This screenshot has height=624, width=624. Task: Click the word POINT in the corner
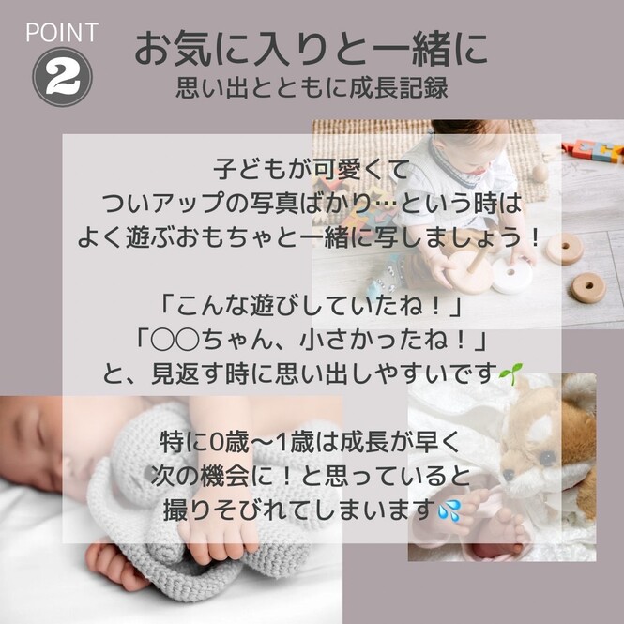point(62,32)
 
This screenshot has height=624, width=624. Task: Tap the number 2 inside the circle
point(62,77)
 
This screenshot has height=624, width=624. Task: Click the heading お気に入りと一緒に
point(312,50)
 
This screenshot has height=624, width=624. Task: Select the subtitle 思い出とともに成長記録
point(312,88)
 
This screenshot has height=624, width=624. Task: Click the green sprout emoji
point(510,373)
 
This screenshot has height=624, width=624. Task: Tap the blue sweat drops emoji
point(449,510)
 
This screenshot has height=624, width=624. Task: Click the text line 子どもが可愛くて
point(312,170)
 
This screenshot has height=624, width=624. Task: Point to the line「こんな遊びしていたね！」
point(312,307)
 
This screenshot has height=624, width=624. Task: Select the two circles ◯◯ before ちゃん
point(175,341)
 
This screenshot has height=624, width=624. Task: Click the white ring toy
point(511,275)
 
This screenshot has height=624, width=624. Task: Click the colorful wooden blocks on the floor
point(594,151)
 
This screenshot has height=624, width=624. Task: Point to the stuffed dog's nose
point(509,475)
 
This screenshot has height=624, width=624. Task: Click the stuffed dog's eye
point(548,459)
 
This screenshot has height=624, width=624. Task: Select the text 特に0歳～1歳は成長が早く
point(312,442)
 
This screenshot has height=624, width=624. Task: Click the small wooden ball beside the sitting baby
point(540,174)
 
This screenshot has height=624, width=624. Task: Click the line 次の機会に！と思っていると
point(312,476)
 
